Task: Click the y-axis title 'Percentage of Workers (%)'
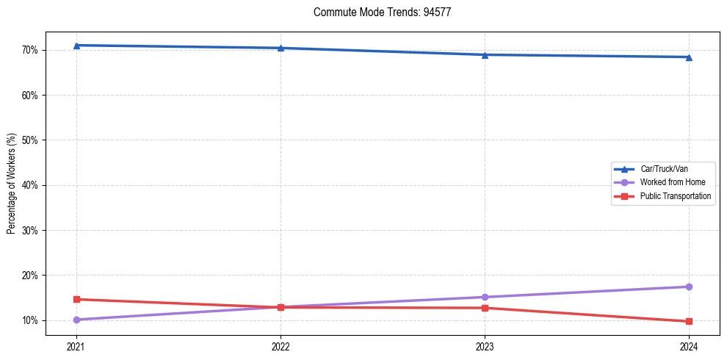pyautogui.click(x=12, y=184)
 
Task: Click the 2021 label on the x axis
pyautogui.click(x=76, y=345)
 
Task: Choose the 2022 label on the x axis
pyautogui.click(x=281, y=345)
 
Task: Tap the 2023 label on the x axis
pyautogui.click(x=485, y=345)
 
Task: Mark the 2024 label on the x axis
pyautogui.click(x=689, y=345)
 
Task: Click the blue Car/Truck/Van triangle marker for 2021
pyautogui.click(x=76, y=46)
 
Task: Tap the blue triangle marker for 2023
pyautogui.click(x=485, y=54)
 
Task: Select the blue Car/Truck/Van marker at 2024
pyautogui.click(x=689, y=57)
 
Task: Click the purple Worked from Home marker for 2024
pyautogui.click(x=689, y=287)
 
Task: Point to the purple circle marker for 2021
pyautogui.click(x=76, y=320)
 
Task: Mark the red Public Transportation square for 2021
pyautogui.click(x=76, y=299)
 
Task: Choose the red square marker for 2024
pyautogui.click(x=689, y=321)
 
